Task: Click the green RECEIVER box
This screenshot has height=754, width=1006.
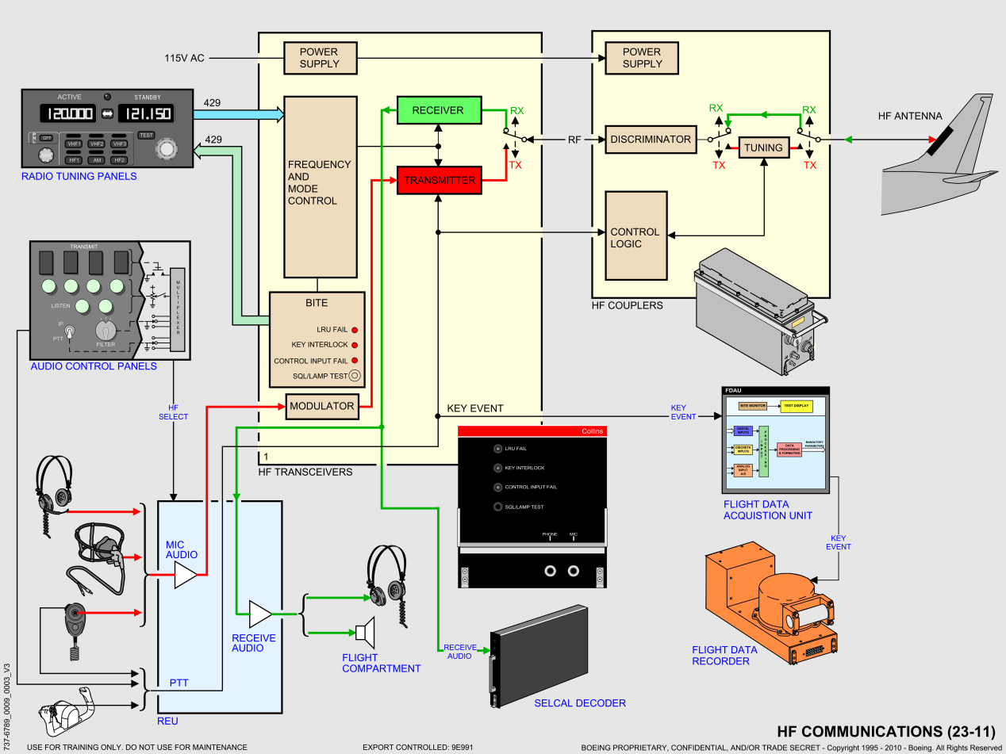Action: (x=438, y=110)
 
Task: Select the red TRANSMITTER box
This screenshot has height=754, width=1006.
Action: (x=439, y=180)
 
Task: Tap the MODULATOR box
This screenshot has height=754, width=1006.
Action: (x=321, y=406)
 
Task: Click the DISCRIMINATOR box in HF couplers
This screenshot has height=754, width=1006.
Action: (x=651, y=140)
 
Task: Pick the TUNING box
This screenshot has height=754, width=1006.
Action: (x=763, y=147)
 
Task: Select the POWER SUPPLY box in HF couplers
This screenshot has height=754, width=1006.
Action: (x=642, y=58)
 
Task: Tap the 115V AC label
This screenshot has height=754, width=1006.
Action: (x=184, y=59)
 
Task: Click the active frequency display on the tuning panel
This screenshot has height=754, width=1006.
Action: (x=67, y=113)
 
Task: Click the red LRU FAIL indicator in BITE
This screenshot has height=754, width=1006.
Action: (x=355, y=330)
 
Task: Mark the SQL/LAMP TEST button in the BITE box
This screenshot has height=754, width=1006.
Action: (x=355, y=376)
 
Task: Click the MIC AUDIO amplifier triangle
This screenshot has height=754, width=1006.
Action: (x=185, y=576)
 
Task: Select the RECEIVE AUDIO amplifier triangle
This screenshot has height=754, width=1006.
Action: (x=259, y=613)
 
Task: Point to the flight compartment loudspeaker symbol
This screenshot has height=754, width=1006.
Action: (x=365, y=632)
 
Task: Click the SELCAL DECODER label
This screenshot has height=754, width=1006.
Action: (x=580, y=703)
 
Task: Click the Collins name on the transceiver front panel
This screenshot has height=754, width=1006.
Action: (x=592, y=431)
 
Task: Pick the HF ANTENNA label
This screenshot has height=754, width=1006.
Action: (x=910, y=116)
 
